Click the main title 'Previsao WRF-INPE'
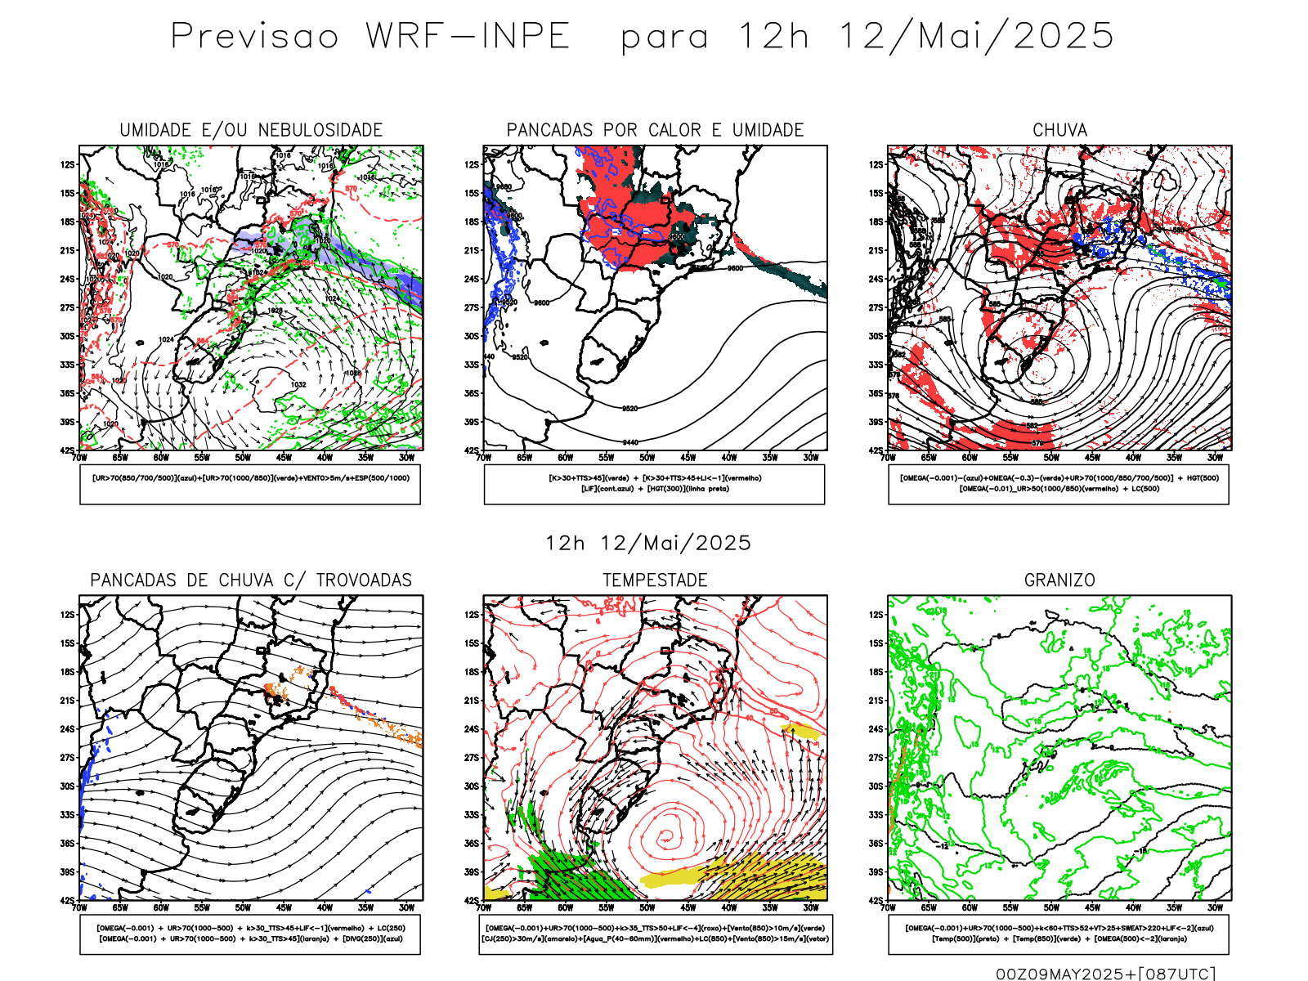click(x=370, y=37)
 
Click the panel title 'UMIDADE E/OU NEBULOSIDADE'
click(x=251, y=130)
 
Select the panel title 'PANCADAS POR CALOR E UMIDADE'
click(x=655, y=130)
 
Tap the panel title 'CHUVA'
click(x=1059, y=130)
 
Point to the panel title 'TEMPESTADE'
click(x=655, y=580)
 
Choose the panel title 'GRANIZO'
click(x=1059, y=580)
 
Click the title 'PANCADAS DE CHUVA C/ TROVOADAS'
click(x=251, y=580)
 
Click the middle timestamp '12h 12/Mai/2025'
click(x=648, y=544)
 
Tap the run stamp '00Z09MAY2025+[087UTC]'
click(x=1105, y=974)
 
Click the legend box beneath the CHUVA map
click(x=1059, y=484)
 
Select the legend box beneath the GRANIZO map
click(x=1059, y=934)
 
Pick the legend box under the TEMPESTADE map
click(x=655, y=934)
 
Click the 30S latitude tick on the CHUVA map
click(x=876, y=336)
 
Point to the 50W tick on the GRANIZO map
click(x=1051, y=907)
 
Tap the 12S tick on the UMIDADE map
click(x=67, y=164)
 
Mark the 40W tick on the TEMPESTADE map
click(x=729, y=907)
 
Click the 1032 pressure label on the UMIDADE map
click(x=298, y=384)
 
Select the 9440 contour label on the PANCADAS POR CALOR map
click(x=629, y=442)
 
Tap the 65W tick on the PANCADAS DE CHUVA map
click(x=120, y=907)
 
